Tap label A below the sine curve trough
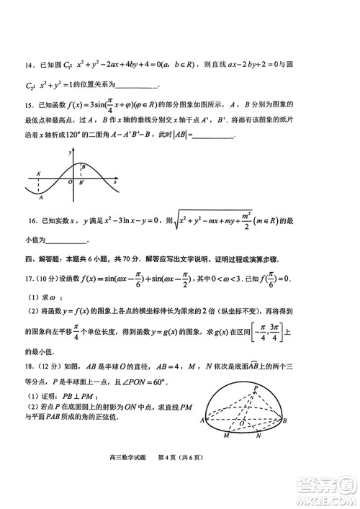tap(41, 198)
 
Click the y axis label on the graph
tap(70, 153)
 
